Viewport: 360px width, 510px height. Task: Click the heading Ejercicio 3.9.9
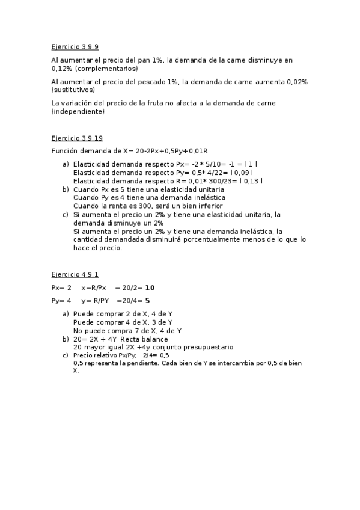point(75,46)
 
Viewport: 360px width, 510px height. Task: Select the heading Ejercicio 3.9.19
point(77,138)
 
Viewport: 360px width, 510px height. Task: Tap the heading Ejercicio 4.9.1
point(75,274)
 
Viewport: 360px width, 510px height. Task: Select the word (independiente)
point(78,111)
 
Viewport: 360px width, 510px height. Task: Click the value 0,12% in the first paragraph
point(63,69)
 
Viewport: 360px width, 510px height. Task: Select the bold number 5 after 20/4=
point(148,300)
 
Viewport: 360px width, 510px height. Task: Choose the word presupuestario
point(208,347)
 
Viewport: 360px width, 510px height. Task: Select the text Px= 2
point(61,287)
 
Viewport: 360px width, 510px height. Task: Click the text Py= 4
point(61,300)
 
